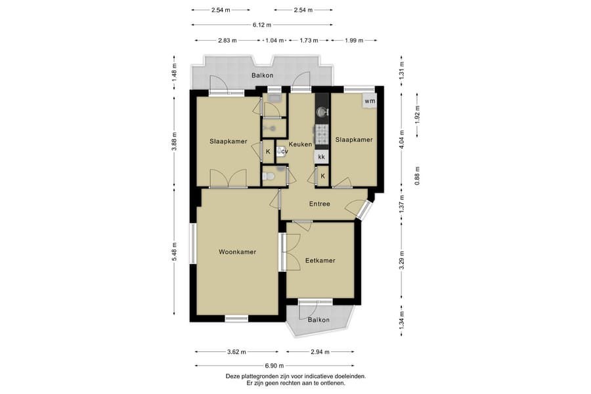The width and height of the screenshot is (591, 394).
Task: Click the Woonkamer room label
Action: click(238, 252)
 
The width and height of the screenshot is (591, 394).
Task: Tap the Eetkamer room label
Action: click(320, 260)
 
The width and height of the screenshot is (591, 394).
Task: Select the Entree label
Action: click(320, 204)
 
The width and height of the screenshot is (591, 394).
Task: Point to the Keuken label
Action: click(300, 144)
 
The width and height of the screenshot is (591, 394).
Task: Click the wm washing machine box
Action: click(370, 101)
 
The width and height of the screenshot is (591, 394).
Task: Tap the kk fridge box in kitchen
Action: click(322, 156)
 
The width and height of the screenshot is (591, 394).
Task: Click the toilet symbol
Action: click(268, 176)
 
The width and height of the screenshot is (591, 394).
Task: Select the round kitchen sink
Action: click(322, 112)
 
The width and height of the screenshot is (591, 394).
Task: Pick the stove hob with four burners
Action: click(322, 135)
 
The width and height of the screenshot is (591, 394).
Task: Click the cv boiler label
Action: click(284, 152)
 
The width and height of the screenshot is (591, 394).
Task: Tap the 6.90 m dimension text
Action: click(274, 365)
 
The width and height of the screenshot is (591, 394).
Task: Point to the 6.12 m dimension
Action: click(262, 25)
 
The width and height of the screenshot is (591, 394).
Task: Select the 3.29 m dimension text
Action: click(402, 261)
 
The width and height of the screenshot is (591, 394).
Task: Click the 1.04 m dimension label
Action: click(274, 40)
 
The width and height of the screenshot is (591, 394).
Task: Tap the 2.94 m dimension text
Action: click(320, 352)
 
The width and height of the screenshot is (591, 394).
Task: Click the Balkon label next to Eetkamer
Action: click(318, 320)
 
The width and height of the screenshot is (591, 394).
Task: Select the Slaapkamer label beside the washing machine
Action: click(354, 139)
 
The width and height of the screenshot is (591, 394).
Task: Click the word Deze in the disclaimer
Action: click(232, 376)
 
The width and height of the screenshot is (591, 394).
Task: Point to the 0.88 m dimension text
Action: click(417, 176)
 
